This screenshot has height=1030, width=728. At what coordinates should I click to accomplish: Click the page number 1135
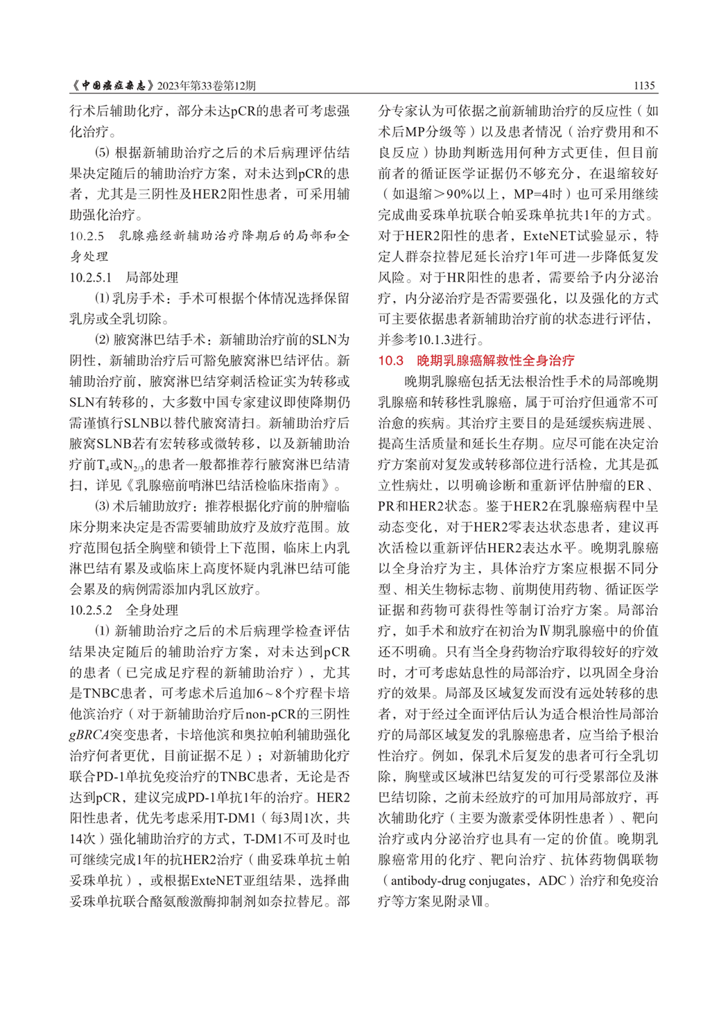point(644,85)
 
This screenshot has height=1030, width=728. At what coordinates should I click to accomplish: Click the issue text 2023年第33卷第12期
point(207,85)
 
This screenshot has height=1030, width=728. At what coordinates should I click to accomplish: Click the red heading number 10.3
point(391,361)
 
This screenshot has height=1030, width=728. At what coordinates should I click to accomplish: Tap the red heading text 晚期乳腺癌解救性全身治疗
point(496,361)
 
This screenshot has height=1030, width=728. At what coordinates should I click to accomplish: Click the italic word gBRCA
point(89,735)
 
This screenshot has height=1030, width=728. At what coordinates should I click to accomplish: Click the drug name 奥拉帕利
point(238,735)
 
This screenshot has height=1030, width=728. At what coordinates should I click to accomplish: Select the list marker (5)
point(102,153)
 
